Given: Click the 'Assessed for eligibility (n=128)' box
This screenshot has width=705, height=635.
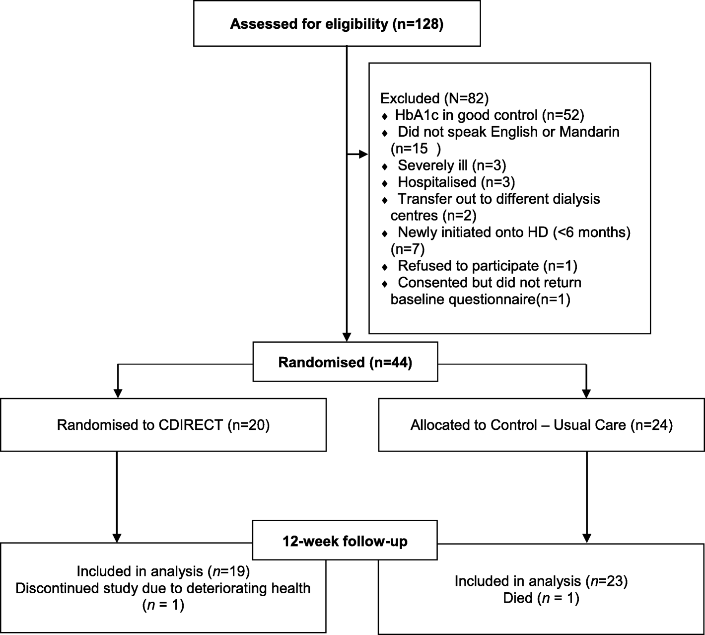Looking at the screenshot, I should tap(337, 24).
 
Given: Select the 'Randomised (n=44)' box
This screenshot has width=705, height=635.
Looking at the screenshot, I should tap(345, 362).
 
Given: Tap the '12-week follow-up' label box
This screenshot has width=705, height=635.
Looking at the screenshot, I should tap(345, 541).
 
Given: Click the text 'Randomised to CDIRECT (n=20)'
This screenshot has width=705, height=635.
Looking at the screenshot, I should tap(163, 425).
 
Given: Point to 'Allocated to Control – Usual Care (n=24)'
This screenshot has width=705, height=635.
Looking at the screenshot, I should tap(541, 425).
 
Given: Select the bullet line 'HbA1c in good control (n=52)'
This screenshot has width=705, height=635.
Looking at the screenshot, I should tap(489, 115).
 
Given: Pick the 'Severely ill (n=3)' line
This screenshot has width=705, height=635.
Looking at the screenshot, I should tap(452, 165).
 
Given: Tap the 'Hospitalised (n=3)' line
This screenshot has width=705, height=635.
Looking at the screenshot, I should tap(456, 182).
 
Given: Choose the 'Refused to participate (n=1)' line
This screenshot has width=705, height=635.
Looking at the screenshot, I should tap(488, 266).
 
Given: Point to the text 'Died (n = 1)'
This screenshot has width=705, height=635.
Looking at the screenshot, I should tap(541, 598).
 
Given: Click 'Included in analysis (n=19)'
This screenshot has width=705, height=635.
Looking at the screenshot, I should tap(163, 571).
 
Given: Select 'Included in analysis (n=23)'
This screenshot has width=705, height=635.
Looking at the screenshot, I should tap(541, 581).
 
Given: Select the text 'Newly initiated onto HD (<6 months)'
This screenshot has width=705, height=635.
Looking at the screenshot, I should tap(514, 232).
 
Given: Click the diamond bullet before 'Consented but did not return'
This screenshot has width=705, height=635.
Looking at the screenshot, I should tap(385, 284).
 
